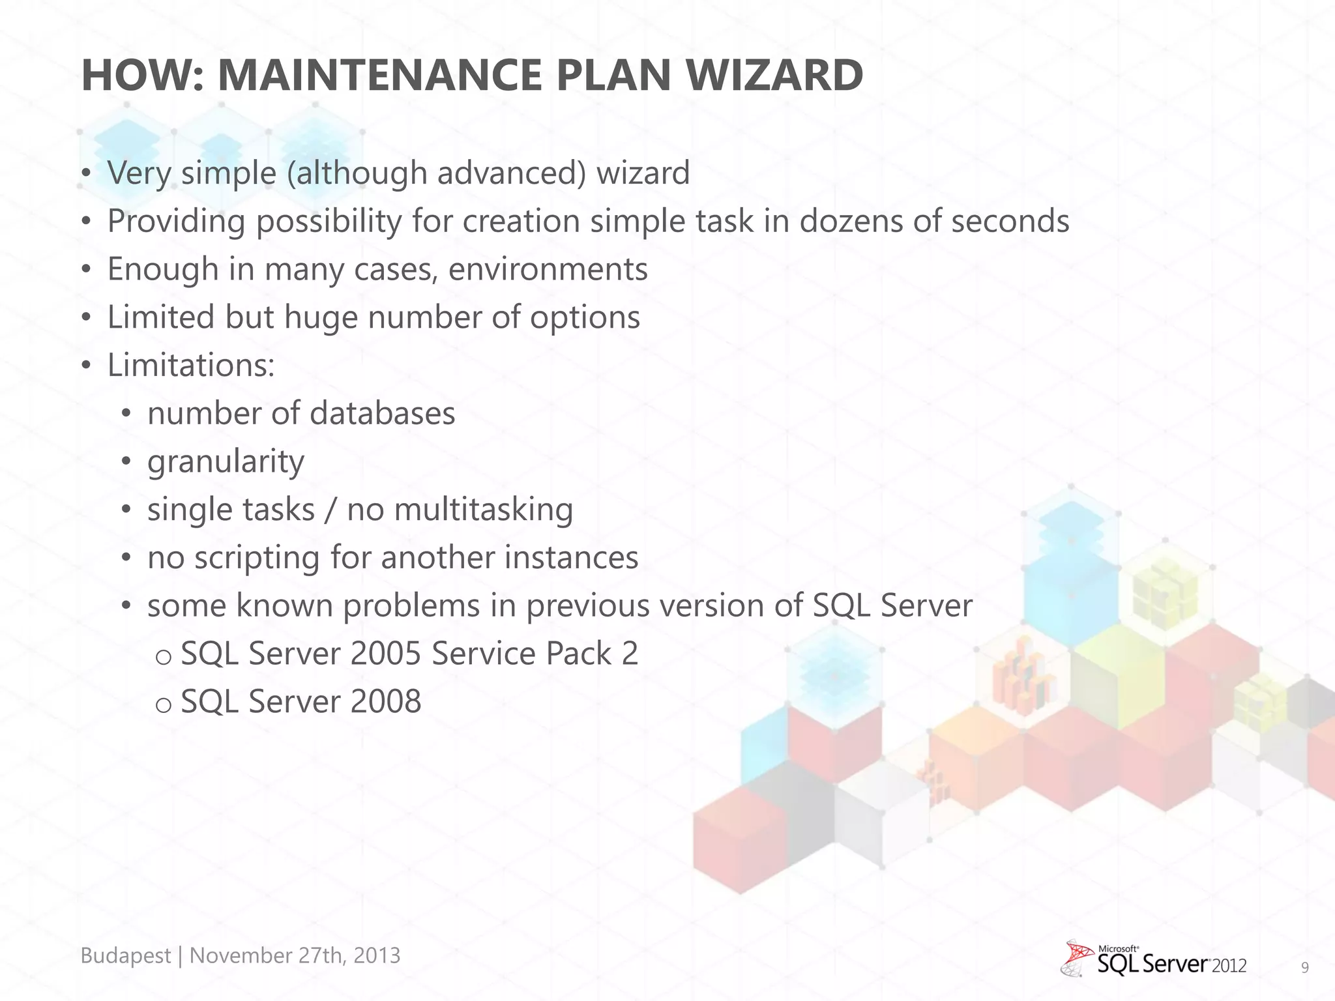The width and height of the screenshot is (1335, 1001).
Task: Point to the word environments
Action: coord(548,270)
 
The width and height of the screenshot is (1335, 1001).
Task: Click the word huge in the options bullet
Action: coord(321,317)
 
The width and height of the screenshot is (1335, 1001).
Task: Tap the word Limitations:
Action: coord(191,365)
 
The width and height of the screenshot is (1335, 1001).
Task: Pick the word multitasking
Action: coord(483,510)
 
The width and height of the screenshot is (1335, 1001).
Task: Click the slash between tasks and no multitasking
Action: coord(330,510)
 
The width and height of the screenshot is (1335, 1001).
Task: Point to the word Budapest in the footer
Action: coord(125,955)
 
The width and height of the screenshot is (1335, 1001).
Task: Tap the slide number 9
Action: coord(1304,968)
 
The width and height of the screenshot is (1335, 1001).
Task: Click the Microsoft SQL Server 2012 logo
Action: coord(1154,959)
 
